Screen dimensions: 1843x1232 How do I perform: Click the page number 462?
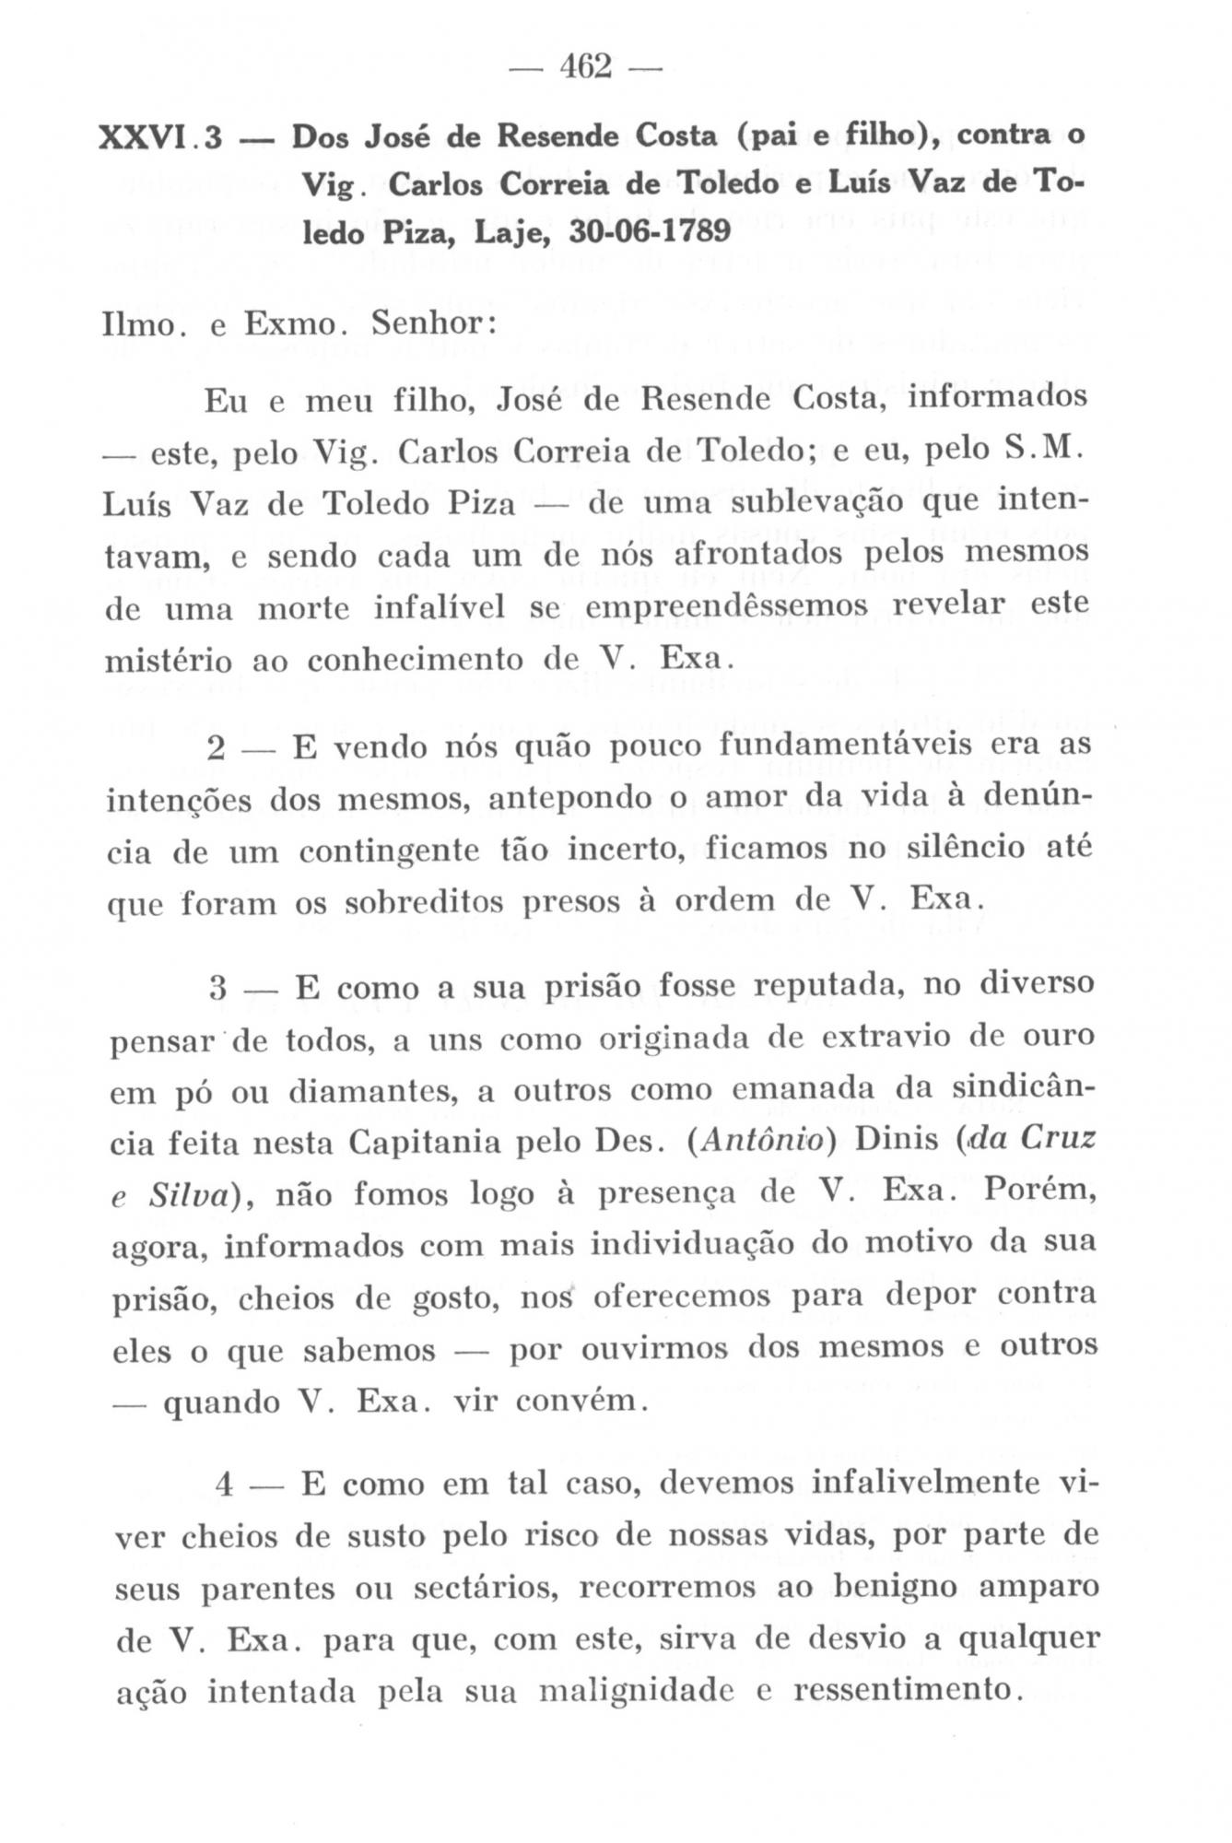585,67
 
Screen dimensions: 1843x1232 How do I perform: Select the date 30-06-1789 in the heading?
651,229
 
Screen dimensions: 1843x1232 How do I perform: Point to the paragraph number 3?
217,989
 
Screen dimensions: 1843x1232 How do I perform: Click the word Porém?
1039,1191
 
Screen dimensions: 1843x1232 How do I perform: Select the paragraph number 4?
223,1485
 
